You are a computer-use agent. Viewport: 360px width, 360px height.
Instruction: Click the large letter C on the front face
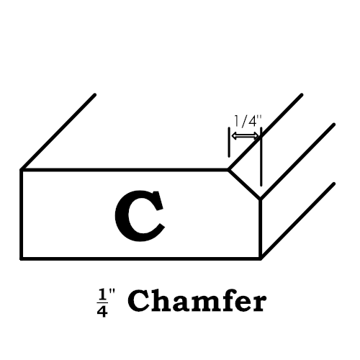pyautogui.click(x=140, y=215)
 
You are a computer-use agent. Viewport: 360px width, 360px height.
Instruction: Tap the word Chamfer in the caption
pyautogui.click(x=197, y=301)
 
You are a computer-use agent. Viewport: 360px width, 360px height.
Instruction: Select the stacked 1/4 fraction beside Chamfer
pyautogui.click(x=102, y=303)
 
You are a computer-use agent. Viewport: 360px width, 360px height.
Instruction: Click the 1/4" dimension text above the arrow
pyautogui.click(x=247, y=121)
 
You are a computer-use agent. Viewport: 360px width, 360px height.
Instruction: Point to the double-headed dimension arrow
pyautogui.click(x=245, y=136)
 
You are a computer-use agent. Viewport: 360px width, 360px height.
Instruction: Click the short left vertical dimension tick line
pyautogui.click(x=229, y=142)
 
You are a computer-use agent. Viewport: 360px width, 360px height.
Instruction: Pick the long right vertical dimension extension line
pyautogui.click(x=261, y=156)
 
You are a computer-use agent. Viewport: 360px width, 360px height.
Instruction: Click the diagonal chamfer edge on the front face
pyautogui.click(x=245, y=184)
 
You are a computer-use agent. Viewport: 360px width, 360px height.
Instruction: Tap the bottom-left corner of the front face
pyautogui.click(x=21, y=258)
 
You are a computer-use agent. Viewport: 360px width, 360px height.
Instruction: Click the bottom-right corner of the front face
pyautogui.click(x=261, y=258)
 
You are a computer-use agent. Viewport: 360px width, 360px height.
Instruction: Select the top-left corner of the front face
pyautogui.click(x=21, y=170)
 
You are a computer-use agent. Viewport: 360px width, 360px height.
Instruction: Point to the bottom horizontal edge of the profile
pyautogui.click(x=141, y=258)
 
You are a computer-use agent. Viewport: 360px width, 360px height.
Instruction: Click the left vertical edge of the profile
pyautogui.click(x=21, y=214)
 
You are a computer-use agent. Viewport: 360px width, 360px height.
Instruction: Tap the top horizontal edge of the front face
pyautogui.click(x=125, y=170)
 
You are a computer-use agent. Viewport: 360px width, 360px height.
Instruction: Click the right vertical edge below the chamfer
pyautogui.click(x=261, y=229)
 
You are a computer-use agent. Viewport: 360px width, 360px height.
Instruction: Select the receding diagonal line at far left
pyautogui.click(x=58, y=132)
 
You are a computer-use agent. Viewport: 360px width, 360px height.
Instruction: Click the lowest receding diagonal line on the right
pyautogui.click(x=297, y=221)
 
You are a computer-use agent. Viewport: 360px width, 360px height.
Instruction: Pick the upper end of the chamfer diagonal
pyautogui.click(x=229, y=170)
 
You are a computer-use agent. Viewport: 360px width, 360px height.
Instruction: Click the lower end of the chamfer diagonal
pyautogui.click(x=261, y=199)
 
